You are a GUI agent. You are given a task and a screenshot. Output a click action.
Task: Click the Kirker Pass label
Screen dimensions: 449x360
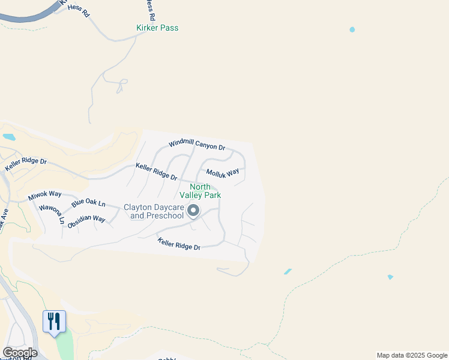tap(157, 28)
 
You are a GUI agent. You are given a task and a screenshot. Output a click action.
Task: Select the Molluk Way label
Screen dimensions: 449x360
tap(222, 173)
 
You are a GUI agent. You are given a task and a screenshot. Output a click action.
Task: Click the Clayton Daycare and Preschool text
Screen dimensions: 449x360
tap(154, 211)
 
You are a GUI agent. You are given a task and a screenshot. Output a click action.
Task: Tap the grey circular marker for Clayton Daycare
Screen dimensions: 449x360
tap(193, 211)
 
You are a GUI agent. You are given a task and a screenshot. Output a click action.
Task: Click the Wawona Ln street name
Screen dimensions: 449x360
tap(52, 214)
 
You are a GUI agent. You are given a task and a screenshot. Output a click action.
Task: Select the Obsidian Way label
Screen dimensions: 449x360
tap(86, 221)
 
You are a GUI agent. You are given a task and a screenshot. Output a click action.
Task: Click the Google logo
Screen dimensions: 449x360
tap(20, 352)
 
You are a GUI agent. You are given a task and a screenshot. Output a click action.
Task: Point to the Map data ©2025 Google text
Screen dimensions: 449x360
tap(412, 355)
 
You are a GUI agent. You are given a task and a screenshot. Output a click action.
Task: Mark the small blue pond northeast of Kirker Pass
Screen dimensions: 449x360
tap(352, 29)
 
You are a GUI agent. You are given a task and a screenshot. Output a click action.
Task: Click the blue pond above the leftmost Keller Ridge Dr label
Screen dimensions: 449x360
tap(8, 137)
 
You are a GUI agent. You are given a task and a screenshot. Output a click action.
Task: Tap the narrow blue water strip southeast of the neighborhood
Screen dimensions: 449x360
tap(288, 272)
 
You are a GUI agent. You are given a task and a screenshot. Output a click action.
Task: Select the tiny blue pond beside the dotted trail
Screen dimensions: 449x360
tap(390, 277)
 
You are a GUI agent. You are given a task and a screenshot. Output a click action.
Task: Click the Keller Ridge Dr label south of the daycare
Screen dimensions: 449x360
tap(179, 244)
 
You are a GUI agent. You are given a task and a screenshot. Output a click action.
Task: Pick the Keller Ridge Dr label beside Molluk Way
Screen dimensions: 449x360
tap(156, 172)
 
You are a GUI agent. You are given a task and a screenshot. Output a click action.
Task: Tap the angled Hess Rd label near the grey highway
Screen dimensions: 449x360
tap(78, 10)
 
